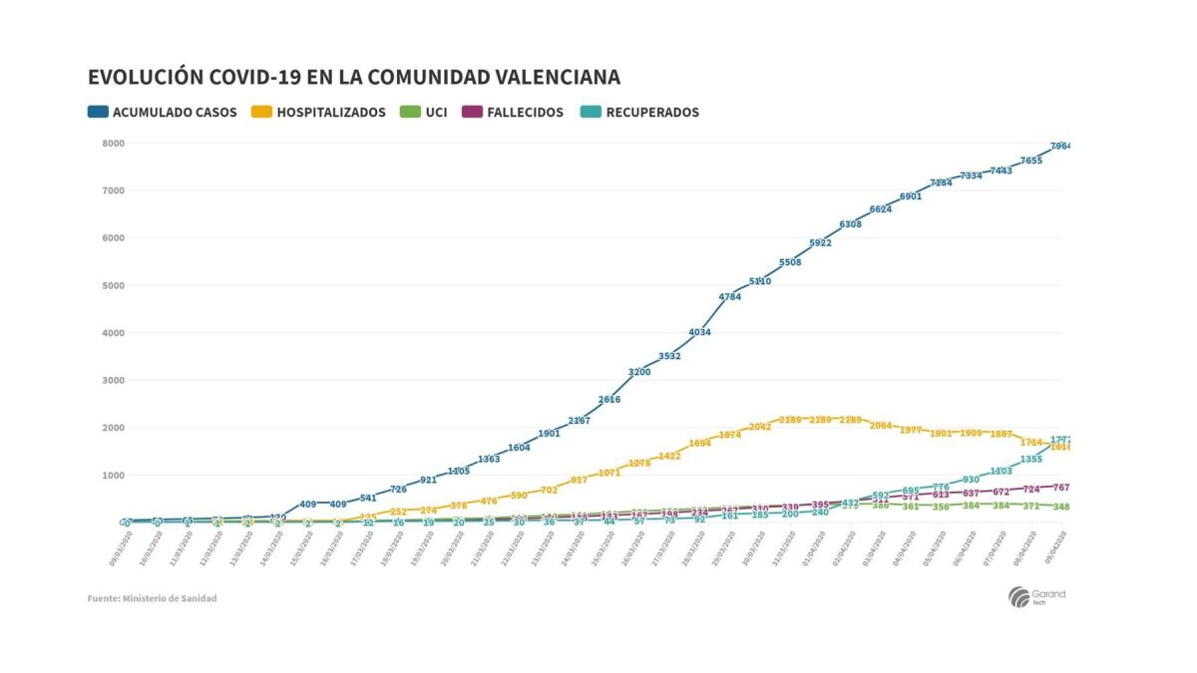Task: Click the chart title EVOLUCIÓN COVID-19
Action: click(x=353, y=77)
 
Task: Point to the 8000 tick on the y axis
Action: click(x=113, y=144)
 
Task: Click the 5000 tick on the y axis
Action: click(x=113, y=286)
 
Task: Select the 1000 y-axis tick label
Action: click(x=113, y=476)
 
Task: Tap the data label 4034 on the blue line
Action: click(x=699, y=332)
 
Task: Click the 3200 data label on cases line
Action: click(x=639, y=372)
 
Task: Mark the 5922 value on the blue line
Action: click(x=820, y=243)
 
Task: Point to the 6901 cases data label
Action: click(x=910, y=196)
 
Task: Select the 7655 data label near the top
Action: click(x=1030, y=161)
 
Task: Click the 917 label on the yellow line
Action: click(x=579, y=481)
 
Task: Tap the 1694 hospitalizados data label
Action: click(x=699, y=444)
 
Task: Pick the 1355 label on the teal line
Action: click(x=1030, y=460)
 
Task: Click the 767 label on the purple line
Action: click(x=1060, y=488)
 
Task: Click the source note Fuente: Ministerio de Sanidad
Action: click(x=152, y=598)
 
